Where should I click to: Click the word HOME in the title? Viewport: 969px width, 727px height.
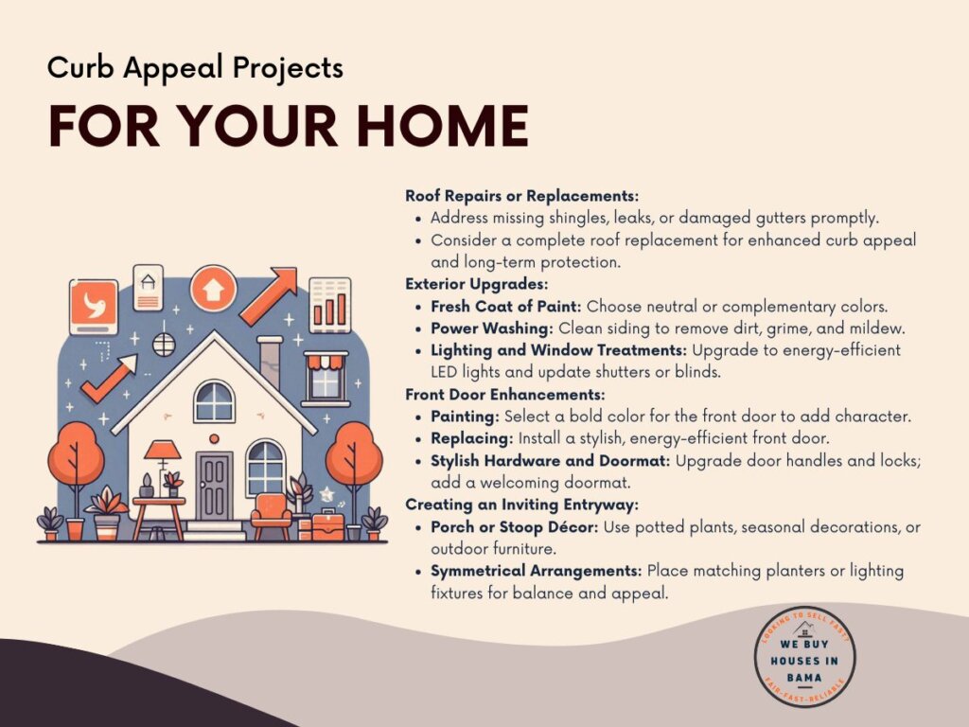443,126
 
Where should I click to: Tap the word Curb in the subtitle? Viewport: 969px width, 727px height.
79,67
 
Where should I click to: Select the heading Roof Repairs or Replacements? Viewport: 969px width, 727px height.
521,196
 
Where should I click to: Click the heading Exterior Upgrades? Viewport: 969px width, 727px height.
477,284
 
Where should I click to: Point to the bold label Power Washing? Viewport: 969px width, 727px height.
491,328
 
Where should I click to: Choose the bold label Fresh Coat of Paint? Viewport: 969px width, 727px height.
505,306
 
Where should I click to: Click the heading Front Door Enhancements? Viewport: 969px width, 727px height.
505,395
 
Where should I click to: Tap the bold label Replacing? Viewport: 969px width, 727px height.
471,439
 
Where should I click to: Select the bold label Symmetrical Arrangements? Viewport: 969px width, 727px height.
537,571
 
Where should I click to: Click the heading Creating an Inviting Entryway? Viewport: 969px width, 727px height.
521,505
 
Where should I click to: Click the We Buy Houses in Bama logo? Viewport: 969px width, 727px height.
804,657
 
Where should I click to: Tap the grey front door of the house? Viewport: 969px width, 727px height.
214,486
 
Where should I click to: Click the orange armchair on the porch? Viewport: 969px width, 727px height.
272,516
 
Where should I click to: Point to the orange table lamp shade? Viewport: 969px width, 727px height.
163,450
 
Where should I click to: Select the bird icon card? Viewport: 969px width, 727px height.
94,307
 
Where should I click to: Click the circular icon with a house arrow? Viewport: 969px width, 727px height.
213,289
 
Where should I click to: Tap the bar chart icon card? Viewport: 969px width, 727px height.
330,306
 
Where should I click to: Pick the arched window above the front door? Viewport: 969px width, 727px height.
214,401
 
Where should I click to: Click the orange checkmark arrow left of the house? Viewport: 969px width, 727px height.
109,378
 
